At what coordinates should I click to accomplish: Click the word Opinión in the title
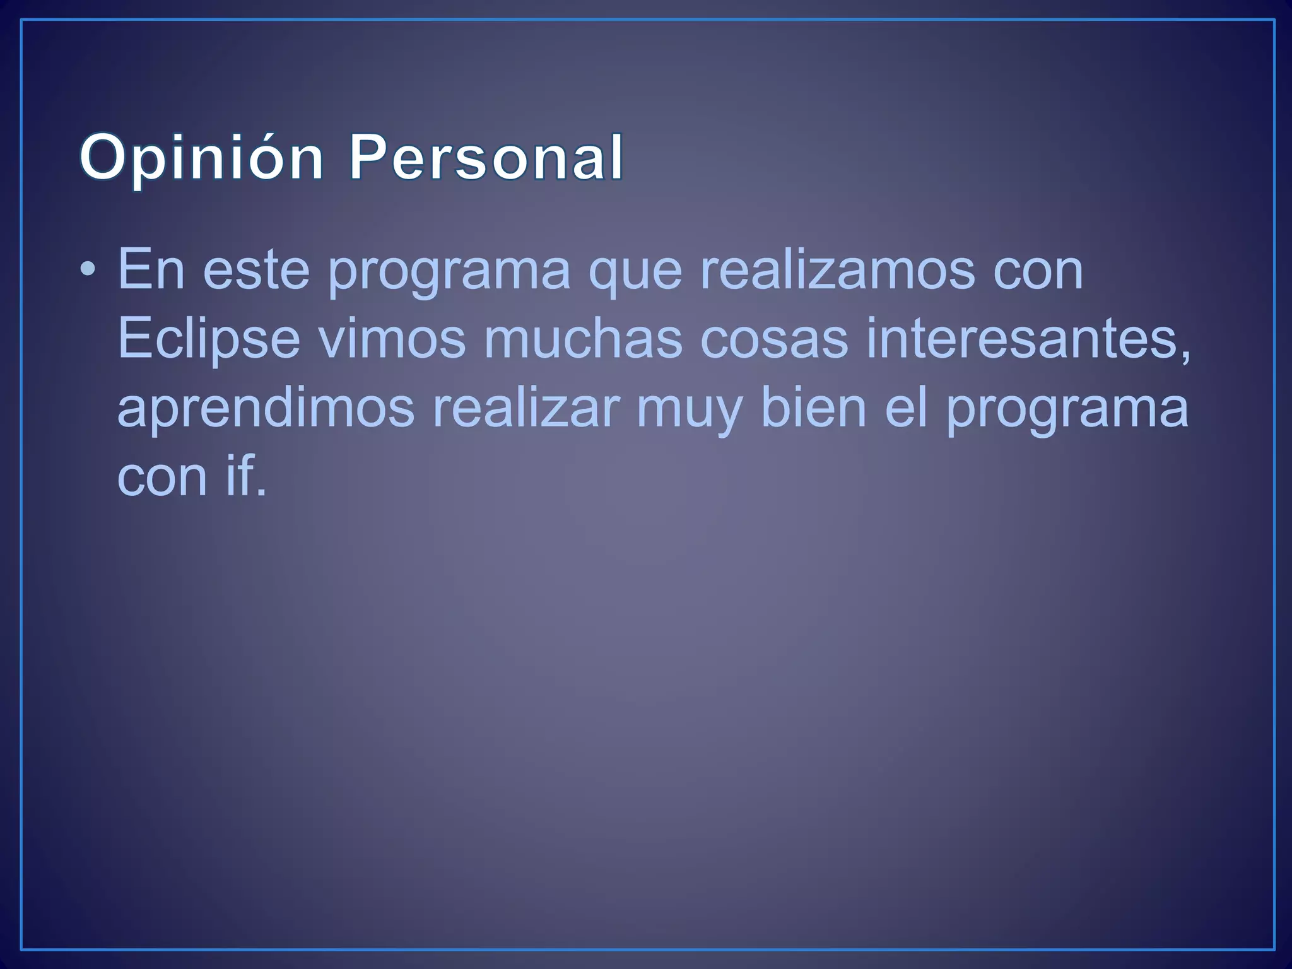201,158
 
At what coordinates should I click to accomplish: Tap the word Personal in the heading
486,158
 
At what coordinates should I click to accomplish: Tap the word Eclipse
208,339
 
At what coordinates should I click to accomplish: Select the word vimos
392,339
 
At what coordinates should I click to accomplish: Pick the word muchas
583,338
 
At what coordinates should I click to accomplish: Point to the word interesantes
1023,338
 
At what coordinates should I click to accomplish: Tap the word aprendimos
266,409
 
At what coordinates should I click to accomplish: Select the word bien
814,408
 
